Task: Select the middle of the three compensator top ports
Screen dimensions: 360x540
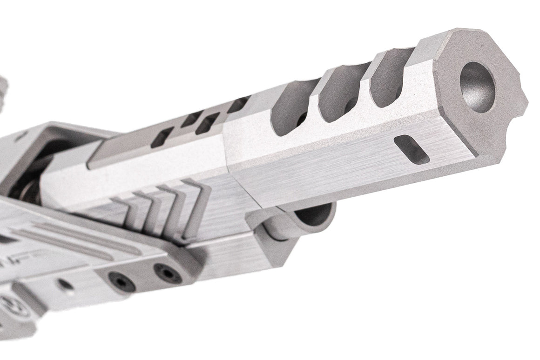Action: [342, 95]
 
